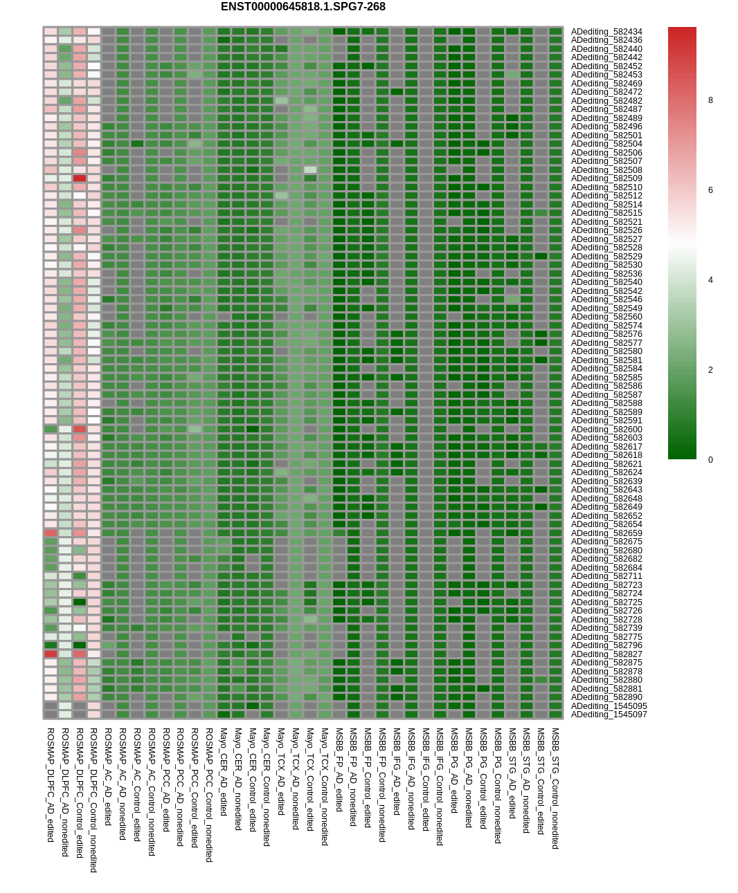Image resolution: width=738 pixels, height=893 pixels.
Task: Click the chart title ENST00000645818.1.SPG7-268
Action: [303, 7]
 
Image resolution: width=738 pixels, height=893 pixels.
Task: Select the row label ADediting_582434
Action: [606, 32]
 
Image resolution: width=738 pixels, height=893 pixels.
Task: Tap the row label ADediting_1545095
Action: [609, 706]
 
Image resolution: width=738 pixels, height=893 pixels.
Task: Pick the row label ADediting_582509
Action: [606, 178]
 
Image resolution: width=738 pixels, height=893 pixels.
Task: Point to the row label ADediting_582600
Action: [606, 430]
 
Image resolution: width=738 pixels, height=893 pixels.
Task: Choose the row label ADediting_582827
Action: [606, 654]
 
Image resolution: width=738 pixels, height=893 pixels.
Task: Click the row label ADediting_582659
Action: [606, 533]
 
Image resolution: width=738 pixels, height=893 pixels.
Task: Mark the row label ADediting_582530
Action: [606, 265]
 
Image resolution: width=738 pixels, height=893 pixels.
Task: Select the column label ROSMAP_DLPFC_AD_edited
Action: [51, 784]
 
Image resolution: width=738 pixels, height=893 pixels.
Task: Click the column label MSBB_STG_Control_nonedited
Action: [555, 788]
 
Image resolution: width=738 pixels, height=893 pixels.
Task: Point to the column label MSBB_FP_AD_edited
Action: [339, 769]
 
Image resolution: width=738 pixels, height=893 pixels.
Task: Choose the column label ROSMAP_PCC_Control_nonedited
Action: [209, 794]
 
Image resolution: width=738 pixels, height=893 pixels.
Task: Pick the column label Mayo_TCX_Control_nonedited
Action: [325, 786]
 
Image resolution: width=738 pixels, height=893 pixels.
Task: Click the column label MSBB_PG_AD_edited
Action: [454, 770]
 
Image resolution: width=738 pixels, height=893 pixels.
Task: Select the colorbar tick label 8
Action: [710, 100]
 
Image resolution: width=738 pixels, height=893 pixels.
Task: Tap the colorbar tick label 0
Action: [710, 460]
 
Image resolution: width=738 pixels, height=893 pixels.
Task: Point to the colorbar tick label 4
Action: [710, 280]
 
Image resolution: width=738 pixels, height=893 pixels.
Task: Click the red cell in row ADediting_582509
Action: [80, 178]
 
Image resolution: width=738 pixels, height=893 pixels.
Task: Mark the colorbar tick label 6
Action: [710, 190]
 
